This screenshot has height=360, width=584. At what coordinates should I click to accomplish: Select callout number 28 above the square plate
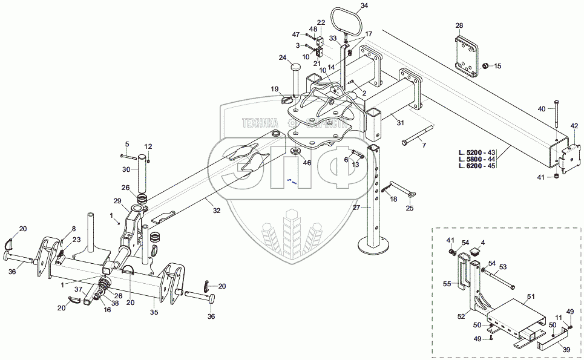tap(459, 25)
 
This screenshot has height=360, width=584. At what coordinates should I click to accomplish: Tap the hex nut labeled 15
tap(485, 65)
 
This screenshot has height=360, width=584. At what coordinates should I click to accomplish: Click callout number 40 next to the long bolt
tap(541, 109)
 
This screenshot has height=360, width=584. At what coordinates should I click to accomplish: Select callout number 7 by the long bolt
tap(424, 145)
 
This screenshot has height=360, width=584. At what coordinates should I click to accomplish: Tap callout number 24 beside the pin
tap(282, 58)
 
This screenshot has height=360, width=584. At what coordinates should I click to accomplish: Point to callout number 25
tap(409, 209)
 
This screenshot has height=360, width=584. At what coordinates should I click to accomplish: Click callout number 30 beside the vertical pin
tap(126, 169)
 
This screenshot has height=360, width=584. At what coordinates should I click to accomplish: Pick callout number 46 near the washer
tap(307, 163)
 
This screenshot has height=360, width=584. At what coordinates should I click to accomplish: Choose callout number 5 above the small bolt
tap(127, 143)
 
